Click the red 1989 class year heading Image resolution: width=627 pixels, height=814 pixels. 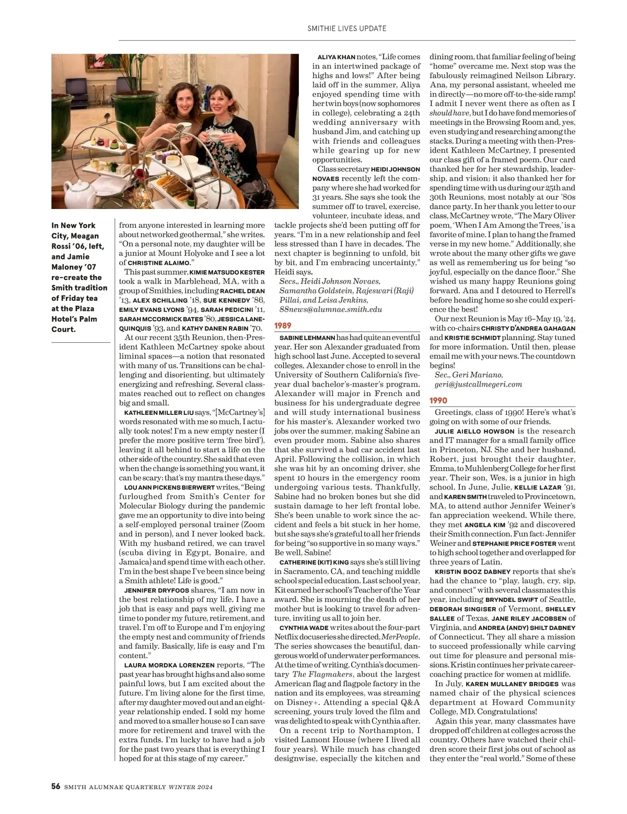(283, 325)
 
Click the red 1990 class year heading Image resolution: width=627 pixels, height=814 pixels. (438, 400)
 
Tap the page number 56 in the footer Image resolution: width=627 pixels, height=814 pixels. (55, 786)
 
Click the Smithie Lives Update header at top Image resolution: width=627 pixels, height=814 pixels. (347, 28)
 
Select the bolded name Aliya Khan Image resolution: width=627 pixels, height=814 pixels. (336, 57)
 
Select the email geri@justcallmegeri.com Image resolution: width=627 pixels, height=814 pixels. (478, 384)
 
